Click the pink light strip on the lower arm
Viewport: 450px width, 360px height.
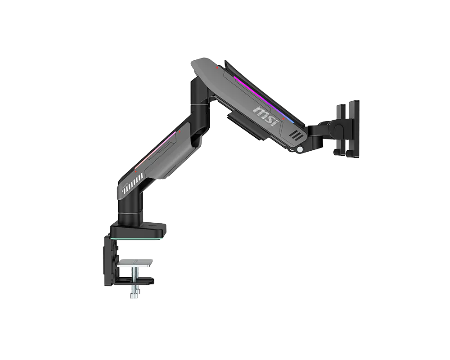[x=155, y=150]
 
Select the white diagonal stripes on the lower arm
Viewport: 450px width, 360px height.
[x=131, y=184]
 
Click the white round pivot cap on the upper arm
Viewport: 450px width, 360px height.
[x=301, y=149]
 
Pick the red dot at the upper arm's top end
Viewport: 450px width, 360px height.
[x=217, y=68]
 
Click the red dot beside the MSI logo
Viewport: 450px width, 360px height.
[x=283, y=118]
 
